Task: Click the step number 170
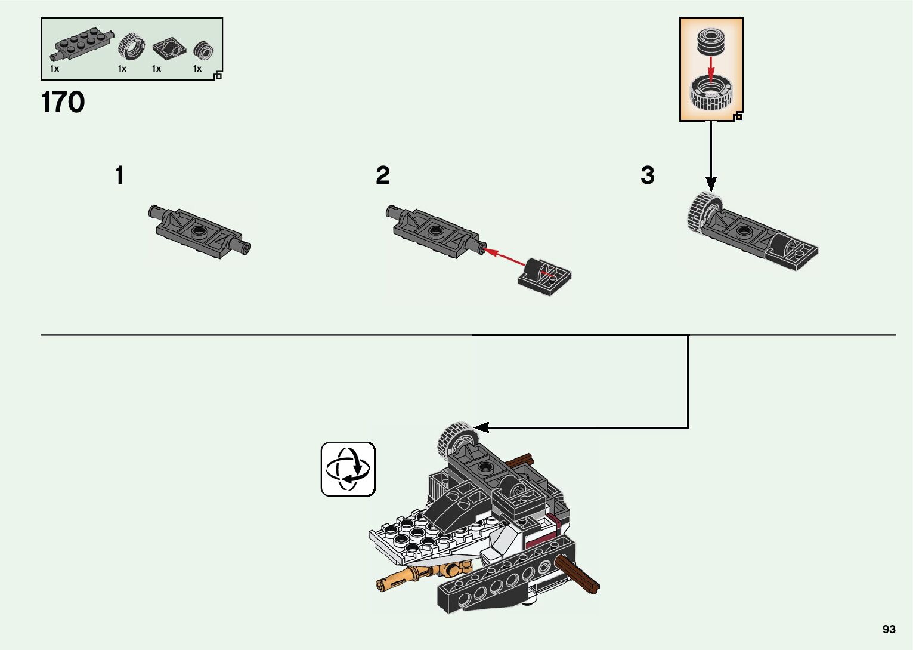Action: click(x=63, y=103)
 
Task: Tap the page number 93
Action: click(x=889, y=630)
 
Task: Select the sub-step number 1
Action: click(x=119, y=175)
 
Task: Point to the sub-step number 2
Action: click(x=382, y=175)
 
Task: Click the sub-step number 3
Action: click(x=647, y=175)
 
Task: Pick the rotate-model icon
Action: click(x=348, y=469)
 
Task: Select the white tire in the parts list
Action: click(x=132, y=47)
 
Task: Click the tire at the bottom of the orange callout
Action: click(x=710, y=94)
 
